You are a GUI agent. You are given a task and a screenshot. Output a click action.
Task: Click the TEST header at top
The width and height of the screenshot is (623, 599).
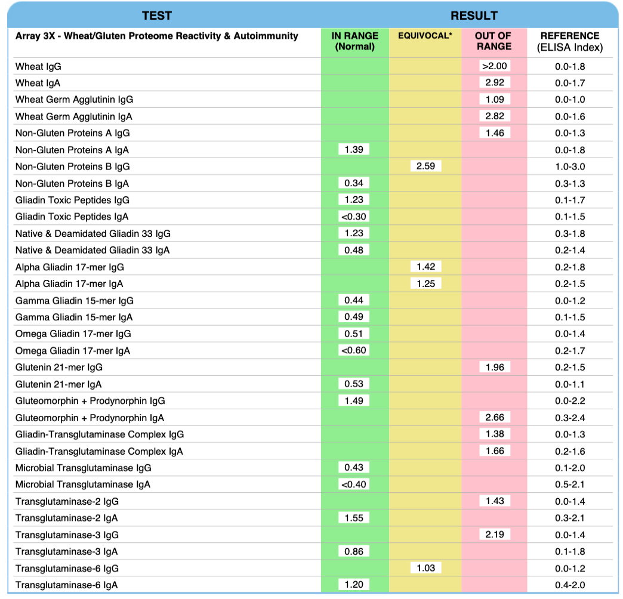click(x=157, y=16)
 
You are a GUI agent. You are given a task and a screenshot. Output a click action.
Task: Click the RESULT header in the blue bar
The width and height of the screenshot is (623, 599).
click(x=474, y=16)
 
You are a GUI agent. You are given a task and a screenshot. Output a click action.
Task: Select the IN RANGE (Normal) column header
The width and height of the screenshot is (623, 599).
click(x=354, y=41)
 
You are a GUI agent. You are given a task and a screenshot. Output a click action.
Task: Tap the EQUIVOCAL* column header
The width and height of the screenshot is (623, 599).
click(x=425, y=36)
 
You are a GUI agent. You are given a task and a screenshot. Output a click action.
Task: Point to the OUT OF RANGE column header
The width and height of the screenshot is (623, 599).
click(x=494, y=41)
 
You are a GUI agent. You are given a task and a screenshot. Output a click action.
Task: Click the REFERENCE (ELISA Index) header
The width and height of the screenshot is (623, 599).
click(x=570, y=41)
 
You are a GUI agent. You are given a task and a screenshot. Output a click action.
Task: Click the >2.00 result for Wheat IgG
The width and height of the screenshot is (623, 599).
click(x=494, y=66)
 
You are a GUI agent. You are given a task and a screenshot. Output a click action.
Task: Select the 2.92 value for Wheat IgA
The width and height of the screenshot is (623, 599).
click(x=494, y=82)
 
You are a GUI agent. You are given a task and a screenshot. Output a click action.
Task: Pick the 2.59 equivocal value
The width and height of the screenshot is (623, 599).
click(x=425, y=166)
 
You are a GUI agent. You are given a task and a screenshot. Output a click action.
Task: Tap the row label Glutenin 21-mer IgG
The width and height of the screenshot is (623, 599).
click(x=55, y=368)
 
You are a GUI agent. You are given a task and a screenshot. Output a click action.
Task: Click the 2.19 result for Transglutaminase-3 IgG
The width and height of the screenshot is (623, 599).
click(x=494, y=535)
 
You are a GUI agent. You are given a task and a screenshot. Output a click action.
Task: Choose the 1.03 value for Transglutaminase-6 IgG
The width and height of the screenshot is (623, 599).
click(x=425, y=568)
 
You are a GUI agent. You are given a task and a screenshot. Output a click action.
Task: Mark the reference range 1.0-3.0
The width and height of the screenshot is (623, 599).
click(x=570, y=166)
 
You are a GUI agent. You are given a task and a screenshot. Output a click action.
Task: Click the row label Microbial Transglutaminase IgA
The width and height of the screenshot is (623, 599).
click(x=83, y=484)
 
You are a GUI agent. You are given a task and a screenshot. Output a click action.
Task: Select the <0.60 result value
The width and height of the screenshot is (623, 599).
click(x=354, y=350)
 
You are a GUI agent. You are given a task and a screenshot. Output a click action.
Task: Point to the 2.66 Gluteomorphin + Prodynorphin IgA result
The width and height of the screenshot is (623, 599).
click(x=494, y=417)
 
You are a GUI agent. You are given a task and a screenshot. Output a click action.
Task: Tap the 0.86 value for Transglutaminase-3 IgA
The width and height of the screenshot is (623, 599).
click(x=354, y=551)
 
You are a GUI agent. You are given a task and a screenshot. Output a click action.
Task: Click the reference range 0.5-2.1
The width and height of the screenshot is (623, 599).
click(x=570, y=484)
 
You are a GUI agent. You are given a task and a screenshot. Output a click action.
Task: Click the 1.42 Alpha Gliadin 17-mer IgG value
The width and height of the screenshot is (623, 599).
click(x=425, y=267)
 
